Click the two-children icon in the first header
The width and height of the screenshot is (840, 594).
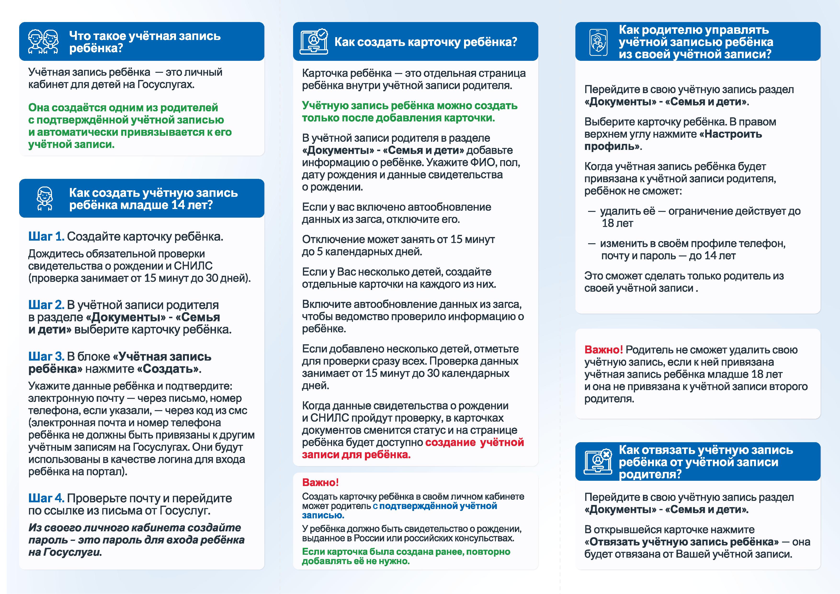43,42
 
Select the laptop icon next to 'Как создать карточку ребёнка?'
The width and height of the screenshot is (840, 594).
313,42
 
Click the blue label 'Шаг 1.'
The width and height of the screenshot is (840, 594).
46,237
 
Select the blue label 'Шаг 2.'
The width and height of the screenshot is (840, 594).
46,305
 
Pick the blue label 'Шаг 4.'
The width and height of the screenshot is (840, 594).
46,498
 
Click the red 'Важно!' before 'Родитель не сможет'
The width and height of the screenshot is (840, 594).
603,350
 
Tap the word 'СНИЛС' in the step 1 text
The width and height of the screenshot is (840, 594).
193,266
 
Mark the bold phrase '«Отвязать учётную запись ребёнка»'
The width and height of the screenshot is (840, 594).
681,542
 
